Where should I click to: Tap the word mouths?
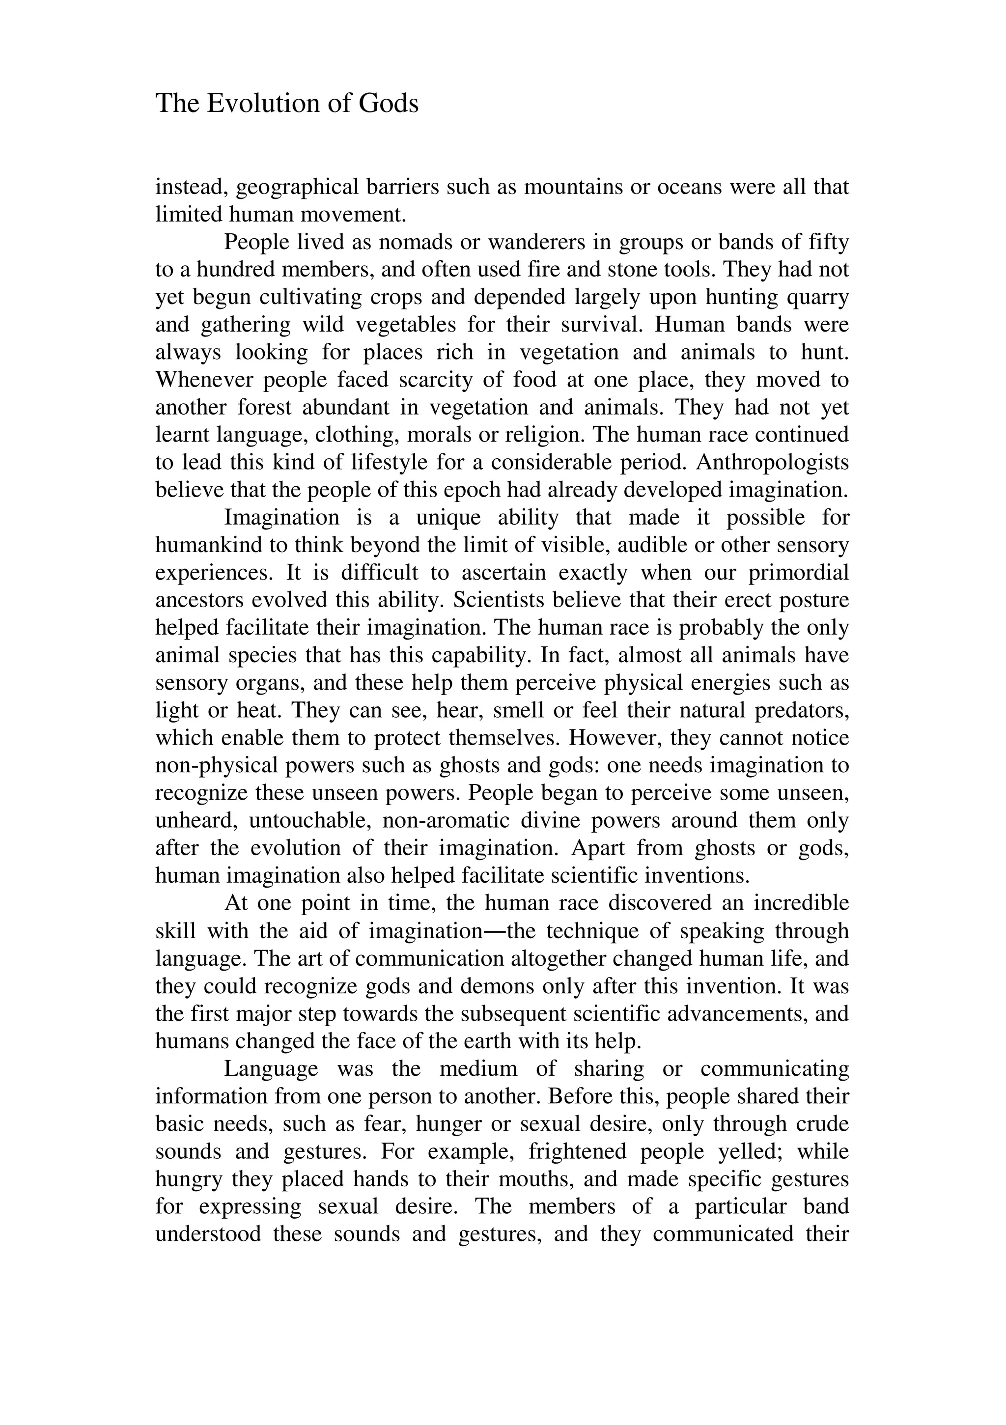(x=539, y=1178)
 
